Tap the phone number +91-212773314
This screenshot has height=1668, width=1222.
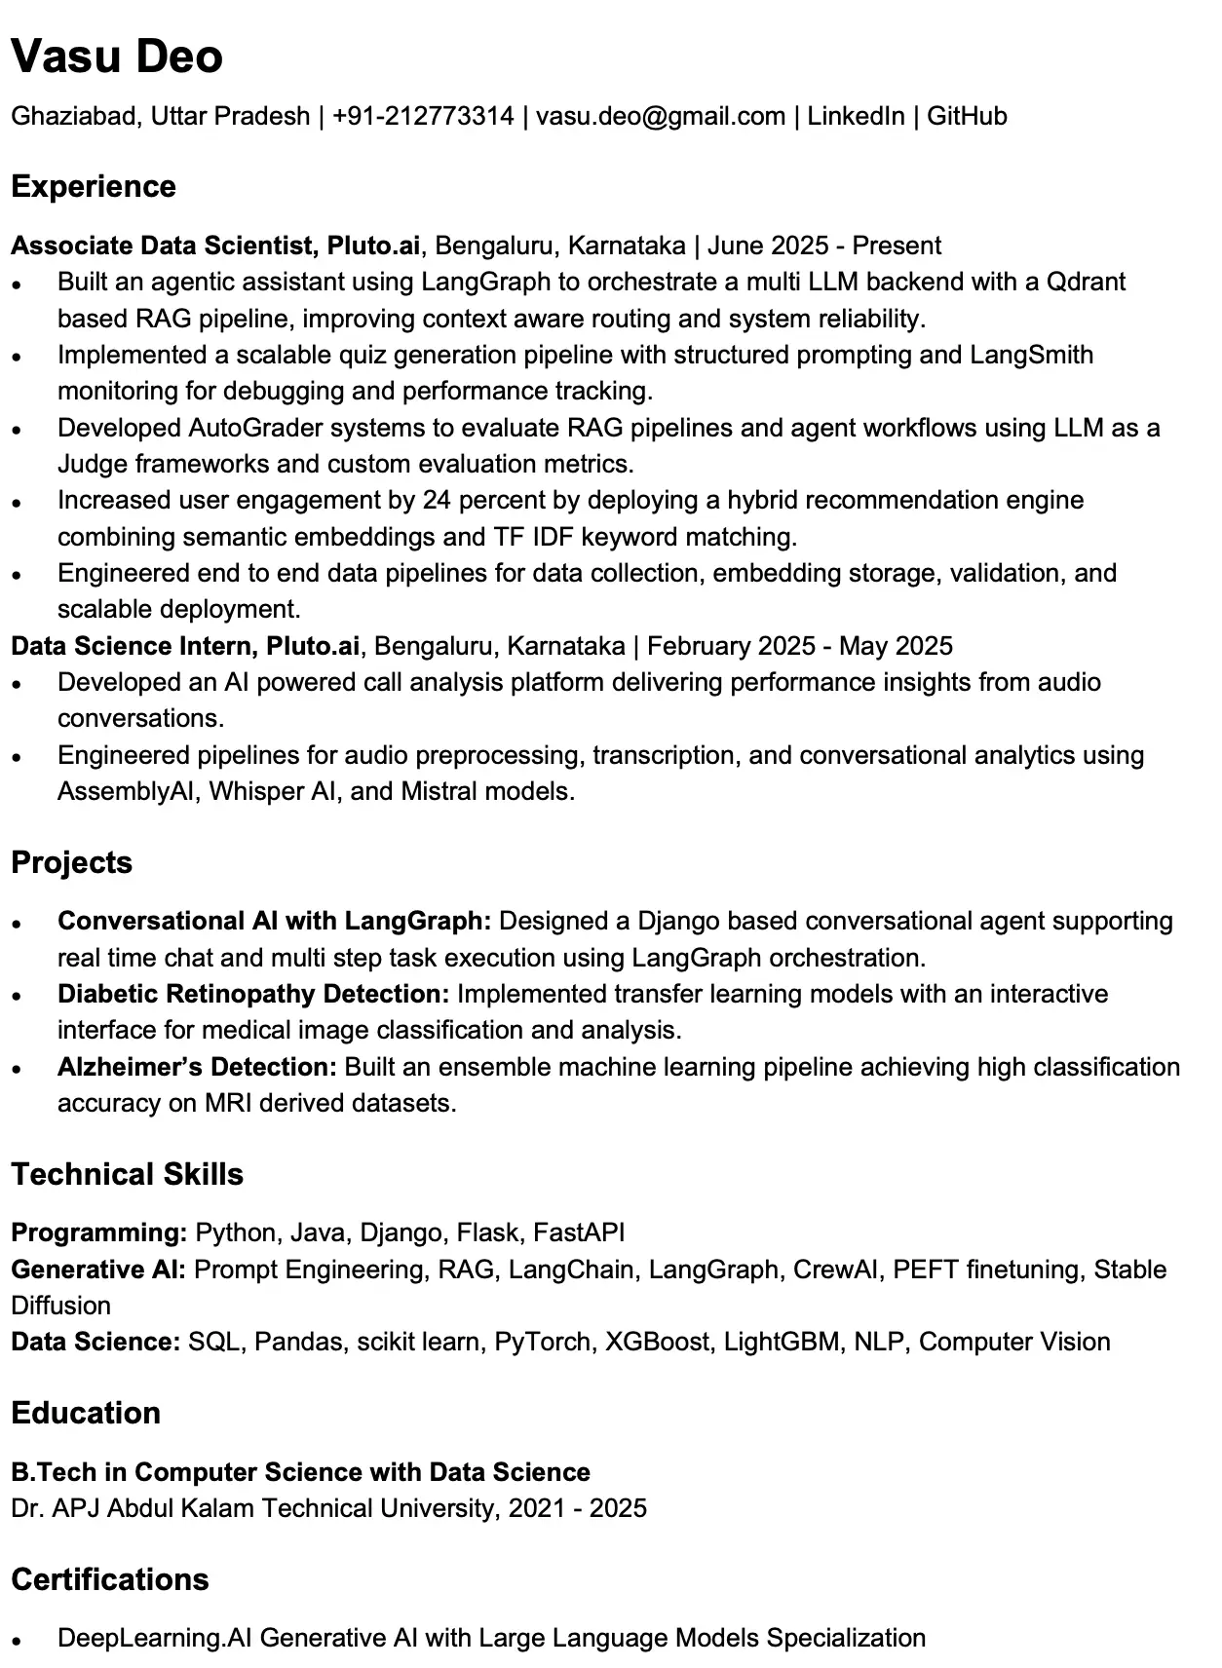pyautogui.click(x=423, y=116)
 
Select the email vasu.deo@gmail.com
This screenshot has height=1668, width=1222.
pyautogui.click(x=660, y=116)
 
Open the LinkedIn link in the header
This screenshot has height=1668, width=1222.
pyautogui.click(x=855, y=116)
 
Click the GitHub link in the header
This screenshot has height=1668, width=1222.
pyautogui.click(x=966, y=116)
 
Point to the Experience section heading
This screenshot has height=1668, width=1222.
pyautogui.click(x=94, y=186)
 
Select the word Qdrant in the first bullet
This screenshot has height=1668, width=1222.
pyautogui.click(x=1086, y=282)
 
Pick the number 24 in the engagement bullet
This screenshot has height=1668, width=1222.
pyautogui.click(x=437, y=500)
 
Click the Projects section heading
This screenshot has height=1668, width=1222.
pyautogui.click(x=71, y=862)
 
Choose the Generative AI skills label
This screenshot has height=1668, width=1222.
pyautogui.click(x=98, y=1270)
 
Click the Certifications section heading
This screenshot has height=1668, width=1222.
pyautogui.click(x=110, y=1578)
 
